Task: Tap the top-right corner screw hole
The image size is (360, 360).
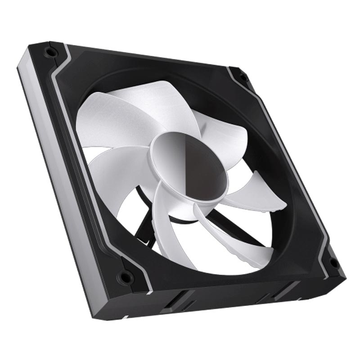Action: point(243,77)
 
